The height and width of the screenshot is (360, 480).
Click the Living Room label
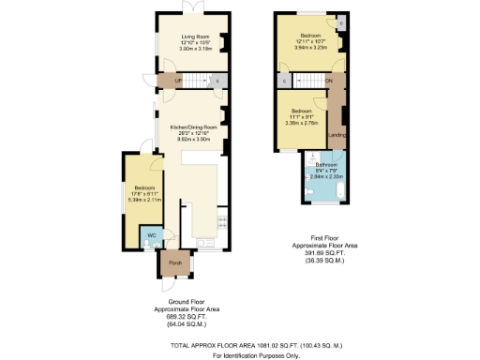point(192,36)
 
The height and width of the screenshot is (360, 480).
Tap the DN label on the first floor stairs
point(328,82)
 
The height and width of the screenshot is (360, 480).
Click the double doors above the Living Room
point(192,7)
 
